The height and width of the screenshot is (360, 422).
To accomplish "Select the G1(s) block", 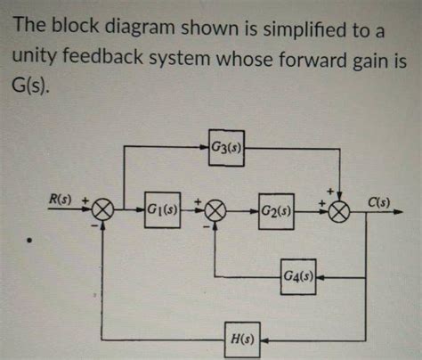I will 163,211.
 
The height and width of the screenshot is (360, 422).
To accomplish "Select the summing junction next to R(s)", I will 105,211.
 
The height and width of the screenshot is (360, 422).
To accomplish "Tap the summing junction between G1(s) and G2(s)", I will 215,211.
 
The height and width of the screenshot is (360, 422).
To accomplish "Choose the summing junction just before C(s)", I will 340,211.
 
